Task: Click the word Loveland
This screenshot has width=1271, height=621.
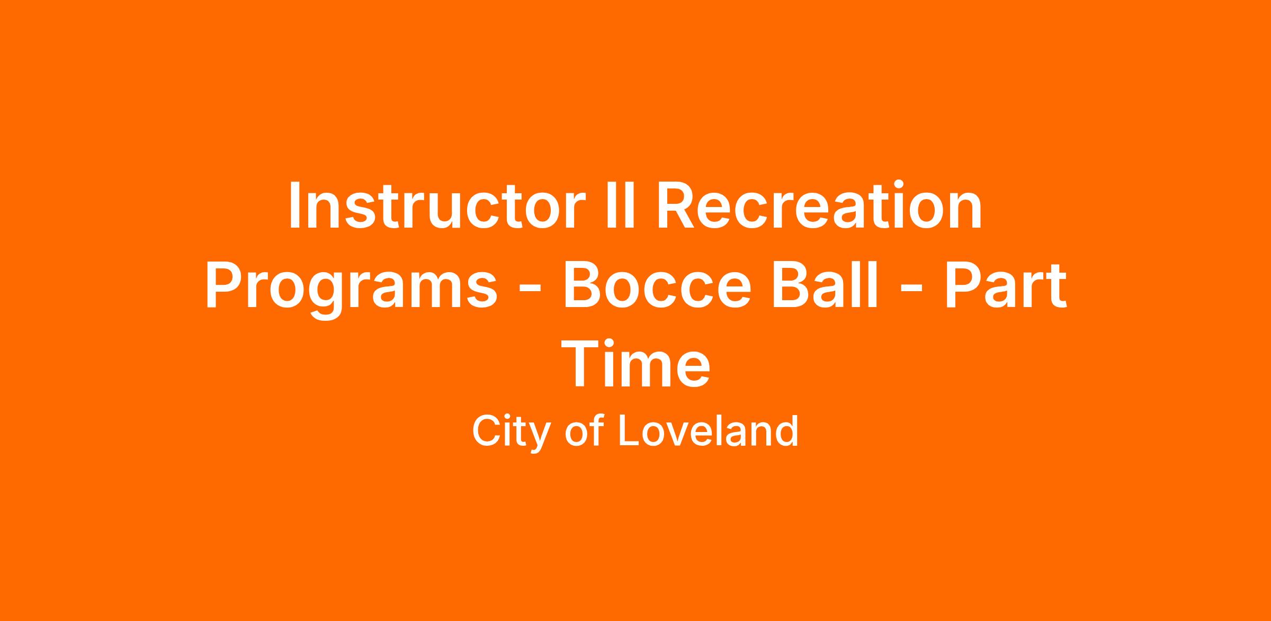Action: tap(708, 431)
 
